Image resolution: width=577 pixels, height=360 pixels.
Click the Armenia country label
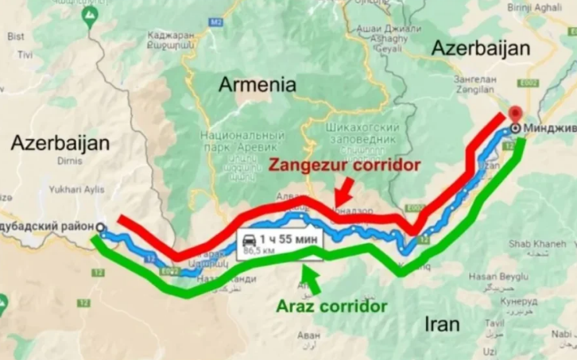(x=257, y=84)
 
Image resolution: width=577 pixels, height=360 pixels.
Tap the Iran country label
(x=441, y=323)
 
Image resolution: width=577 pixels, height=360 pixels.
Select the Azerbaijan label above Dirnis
(x=60, y=144)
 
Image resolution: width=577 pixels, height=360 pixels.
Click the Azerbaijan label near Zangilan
(x=479, y=48)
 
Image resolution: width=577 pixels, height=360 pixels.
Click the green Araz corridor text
(x=331, y=306)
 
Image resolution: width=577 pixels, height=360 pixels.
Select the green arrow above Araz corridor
(x=311, y=279)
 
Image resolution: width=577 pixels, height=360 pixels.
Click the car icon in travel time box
(x=250, y=239)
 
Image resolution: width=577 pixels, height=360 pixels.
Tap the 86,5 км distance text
(x=258, y=250)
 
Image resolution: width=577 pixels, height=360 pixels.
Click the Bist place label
(x=15, y=36)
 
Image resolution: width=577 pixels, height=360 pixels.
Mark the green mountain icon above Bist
(x=89, y=14)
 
